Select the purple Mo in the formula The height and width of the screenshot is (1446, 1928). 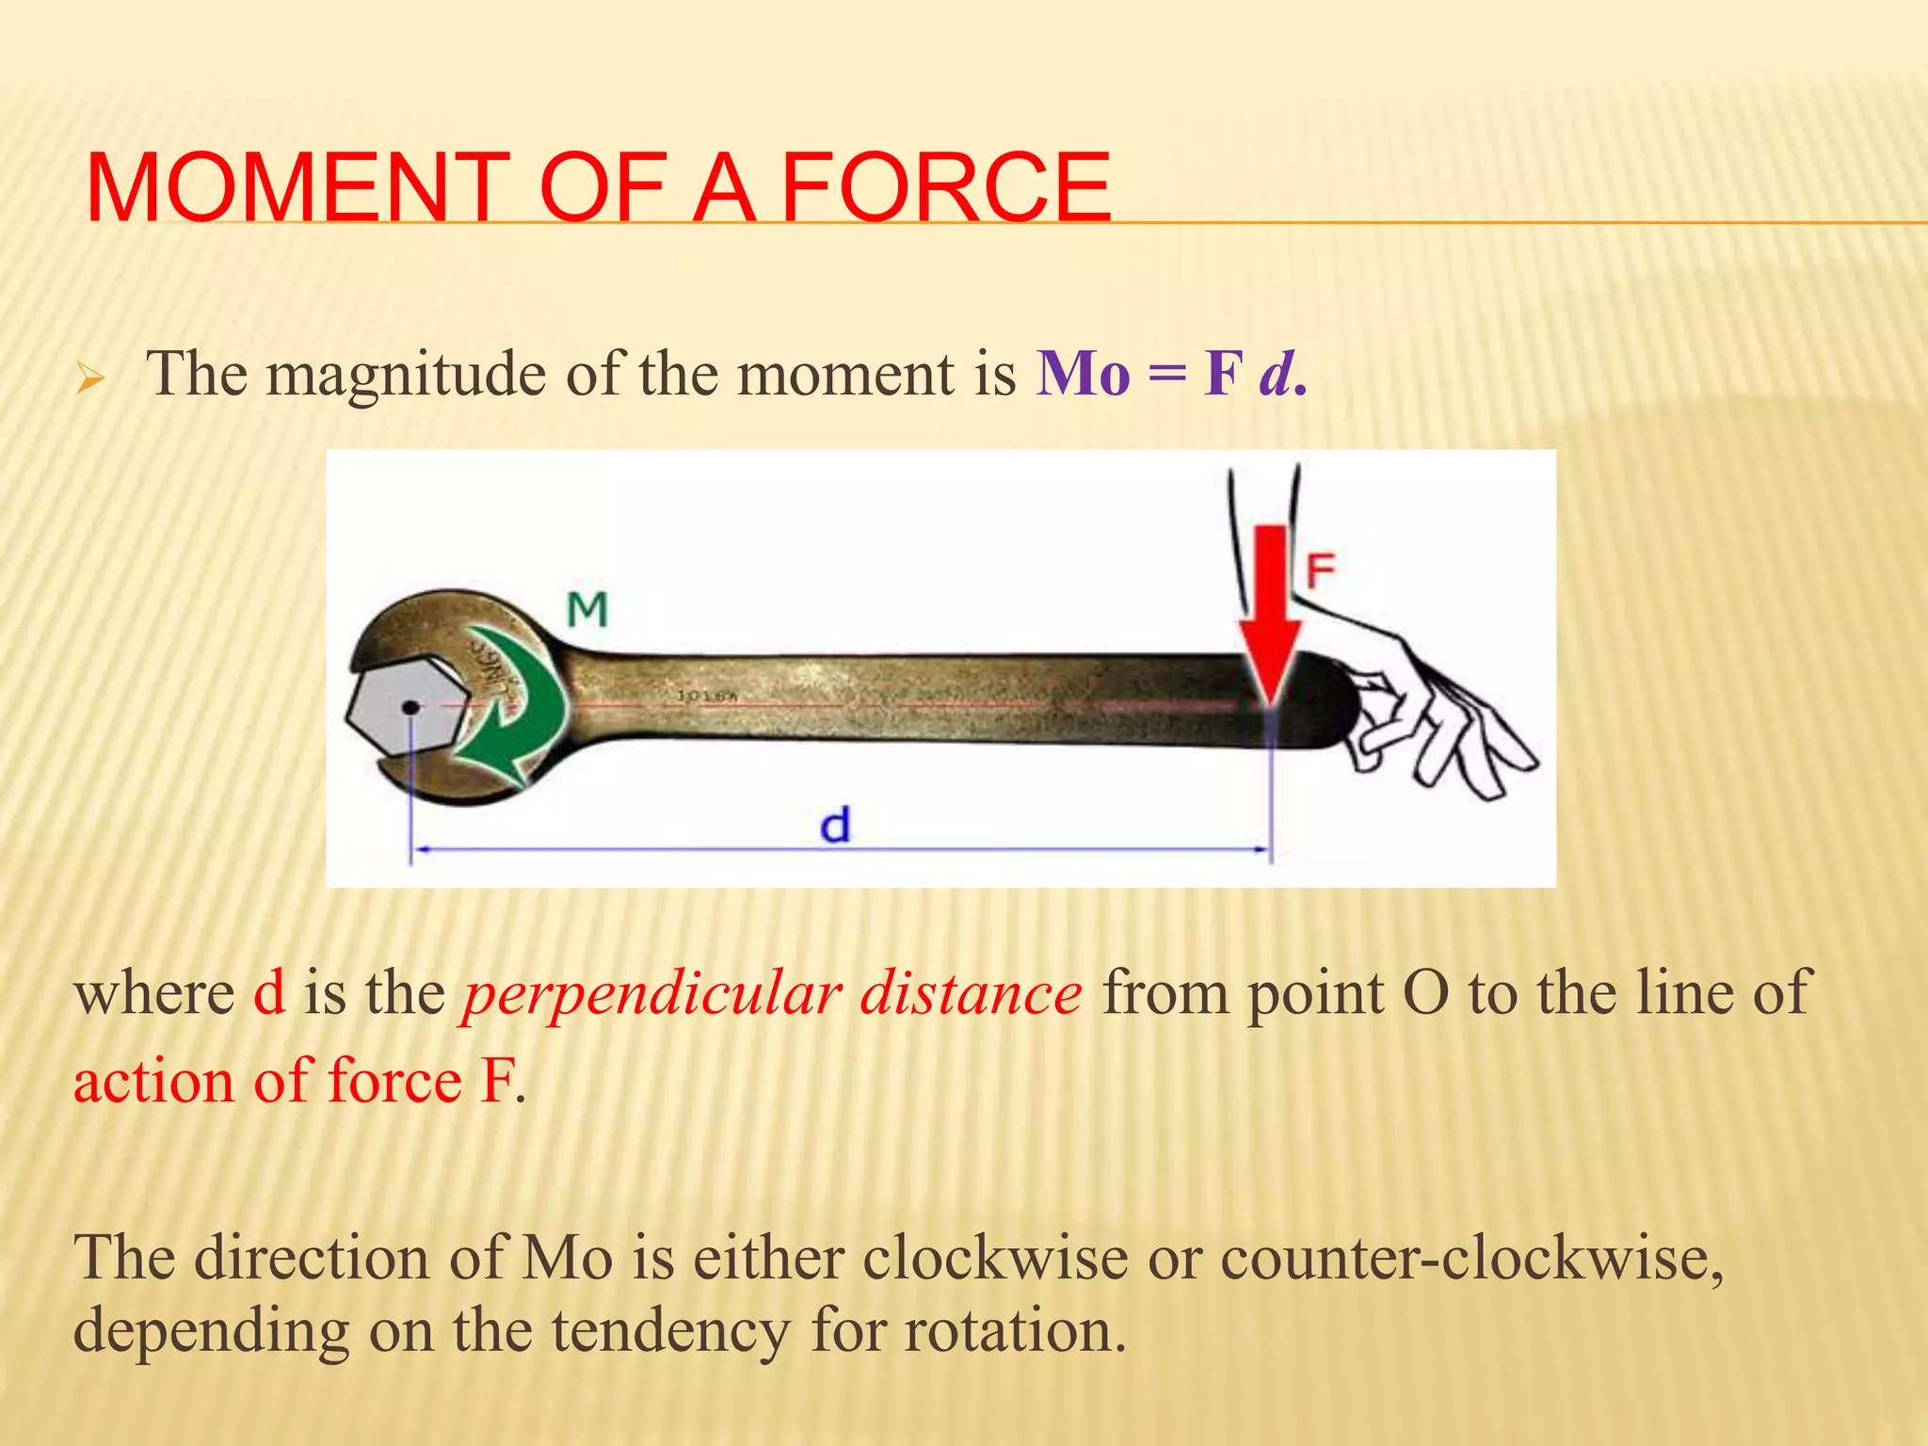point(1083,375)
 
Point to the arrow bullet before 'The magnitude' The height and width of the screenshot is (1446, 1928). point(90,380)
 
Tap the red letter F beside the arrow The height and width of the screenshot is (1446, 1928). point(1320,570)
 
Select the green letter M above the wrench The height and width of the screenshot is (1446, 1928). point(587,610)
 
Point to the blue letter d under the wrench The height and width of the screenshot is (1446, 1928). point(835,826)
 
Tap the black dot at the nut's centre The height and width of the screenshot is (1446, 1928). point(410,707)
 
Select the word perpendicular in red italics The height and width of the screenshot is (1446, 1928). point(651,994)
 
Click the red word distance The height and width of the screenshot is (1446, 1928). point(972,994)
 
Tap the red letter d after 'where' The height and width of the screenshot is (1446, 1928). point(269,994)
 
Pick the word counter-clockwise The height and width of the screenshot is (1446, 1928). point(1470,1258)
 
